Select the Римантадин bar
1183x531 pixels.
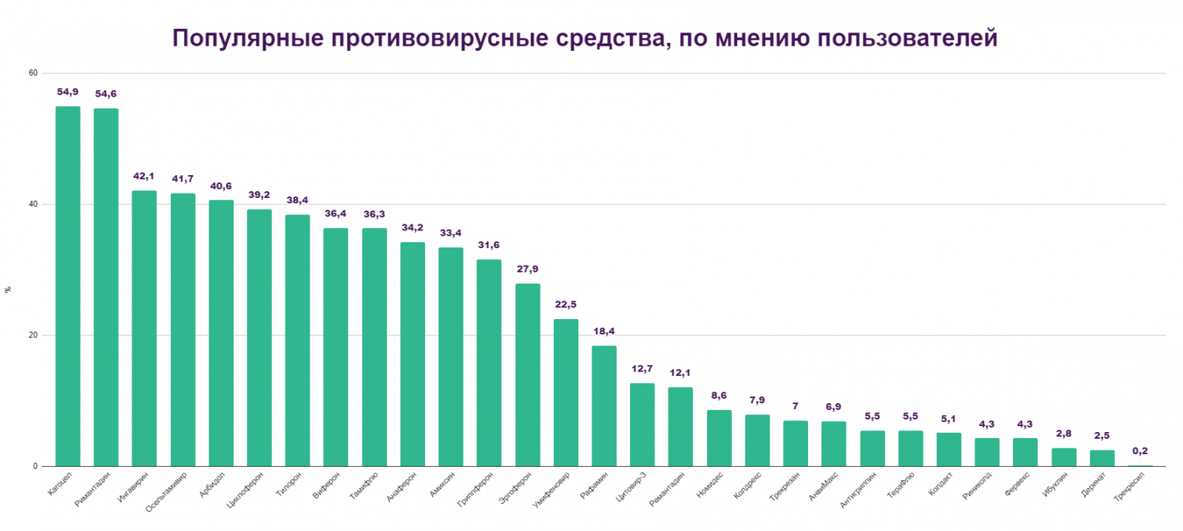point(106,287)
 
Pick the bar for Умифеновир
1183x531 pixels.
point(566,392)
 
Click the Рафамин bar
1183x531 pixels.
point(604,405)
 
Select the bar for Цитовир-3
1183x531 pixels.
point(643,425)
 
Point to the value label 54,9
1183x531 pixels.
point(68,92)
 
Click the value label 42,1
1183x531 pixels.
point(144,177)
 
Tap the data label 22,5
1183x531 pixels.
point(566,305)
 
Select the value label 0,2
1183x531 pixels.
point(1140,451)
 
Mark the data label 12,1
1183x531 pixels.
point(680,373)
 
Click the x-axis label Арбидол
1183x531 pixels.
point(212,484)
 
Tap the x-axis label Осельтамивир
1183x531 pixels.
point(167,492)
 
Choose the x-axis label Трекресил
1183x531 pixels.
point(1130,488)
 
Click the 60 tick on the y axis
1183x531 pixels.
point(33,73)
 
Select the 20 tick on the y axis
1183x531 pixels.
point(33,335)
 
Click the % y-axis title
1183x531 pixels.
point(8,290)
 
